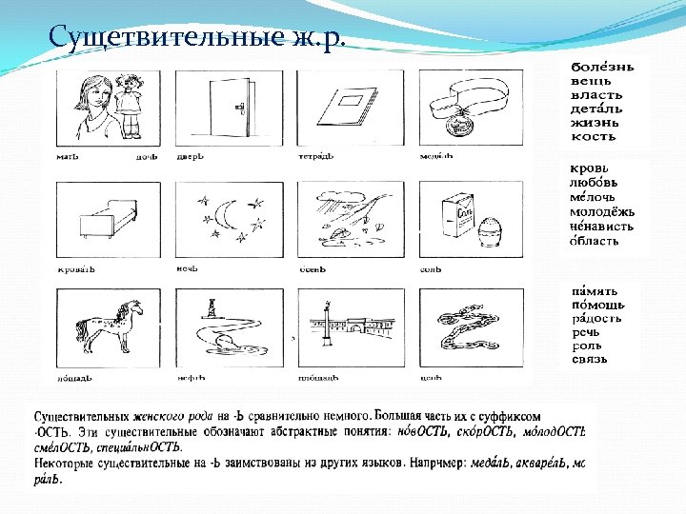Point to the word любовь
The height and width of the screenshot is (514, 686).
[x=596, y=182]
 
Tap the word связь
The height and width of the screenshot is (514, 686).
[x=589, y=359]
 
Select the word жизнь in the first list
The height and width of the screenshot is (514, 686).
[x=593, y=123]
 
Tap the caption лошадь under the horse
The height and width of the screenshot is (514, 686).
[x=75, y=378]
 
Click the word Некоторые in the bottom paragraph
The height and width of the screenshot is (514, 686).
[x=69, y=463]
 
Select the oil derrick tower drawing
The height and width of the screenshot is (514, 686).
[x=210, y=310]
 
